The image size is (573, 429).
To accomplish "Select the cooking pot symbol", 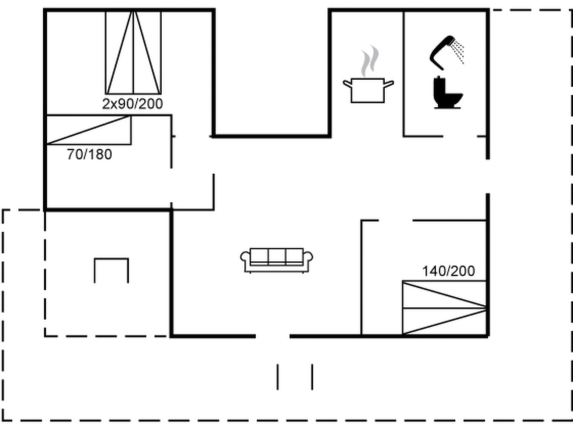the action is (x=368, y=90).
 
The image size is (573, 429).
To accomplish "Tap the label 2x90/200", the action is (x=132, y=104).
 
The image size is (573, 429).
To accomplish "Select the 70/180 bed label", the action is (x=90, y=154).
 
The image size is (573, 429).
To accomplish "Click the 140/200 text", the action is (x=448, y=271).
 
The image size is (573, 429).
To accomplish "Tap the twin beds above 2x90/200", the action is (x=133, y=53).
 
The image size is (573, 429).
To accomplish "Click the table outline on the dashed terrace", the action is (x=111, y=259).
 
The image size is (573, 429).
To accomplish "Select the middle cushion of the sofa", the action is (x=277, y=256).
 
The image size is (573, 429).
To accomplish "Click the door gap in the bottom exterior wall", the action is (x=273, y=336).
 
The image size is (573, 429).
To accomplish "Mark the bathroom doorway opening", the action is (x=460, y=136).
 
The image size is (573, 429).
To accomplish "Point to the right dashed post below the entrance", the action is (x=312, y=377).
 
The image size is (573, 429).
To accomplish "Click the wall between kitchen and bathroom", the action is (x=403, y=74).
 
